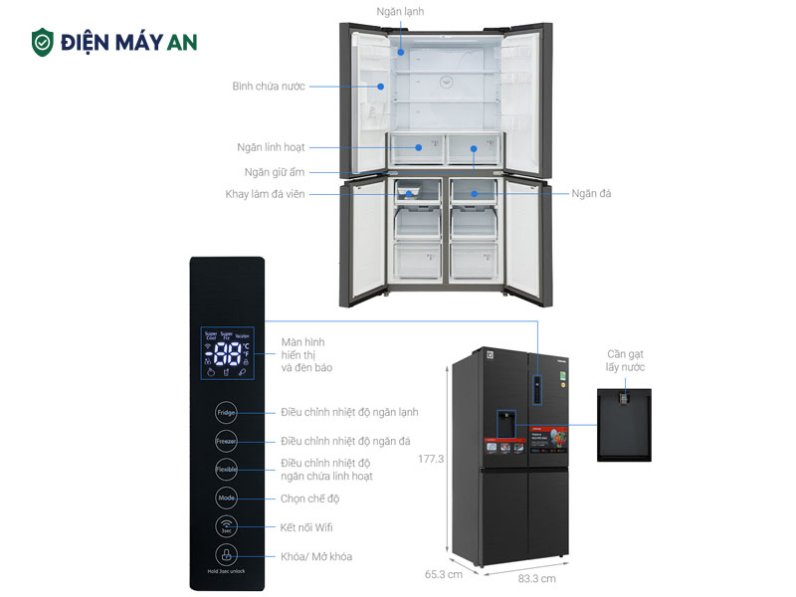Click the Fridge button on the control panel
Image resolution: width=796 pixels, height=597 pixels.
tap(227, 412)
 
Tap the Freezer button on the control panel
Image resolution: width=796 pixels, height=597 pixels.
tap(227, 441)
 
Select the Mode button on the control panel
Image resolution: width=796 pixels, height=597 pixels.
tap(227, 498)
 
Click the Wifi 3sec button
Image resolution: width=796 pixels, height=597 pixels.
tap(227, 527)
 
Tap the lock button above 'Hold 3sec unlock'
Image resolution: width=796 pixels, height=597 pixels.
tap(227, 556)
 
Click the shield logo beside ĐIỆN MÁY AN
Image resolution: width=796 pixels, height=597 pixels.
tap(42, 42)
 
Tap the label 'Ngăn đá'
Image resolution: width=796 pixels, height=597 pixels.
tap(591, 193)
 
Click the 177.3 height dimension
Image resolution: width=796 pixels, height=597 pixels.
tap(431, 459)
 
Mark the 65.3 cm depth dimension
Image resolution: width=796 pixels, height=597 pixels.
tap(444, 574)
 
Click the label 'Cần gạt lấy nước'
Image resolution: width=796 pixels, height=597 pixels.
tap(626, 360)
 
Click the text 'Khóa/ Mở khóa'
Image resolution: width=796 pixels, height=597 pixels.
tap(316, 556)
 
